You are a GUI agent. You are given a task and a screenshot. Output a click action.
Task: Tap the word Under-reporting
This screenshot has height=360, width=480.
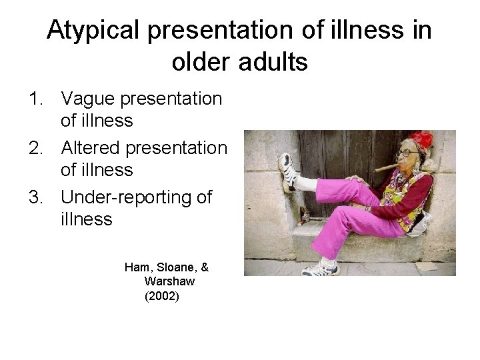127,197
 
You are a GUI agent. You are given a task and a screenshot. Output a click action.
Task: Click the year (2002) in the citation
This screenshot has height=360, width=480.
161,295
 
